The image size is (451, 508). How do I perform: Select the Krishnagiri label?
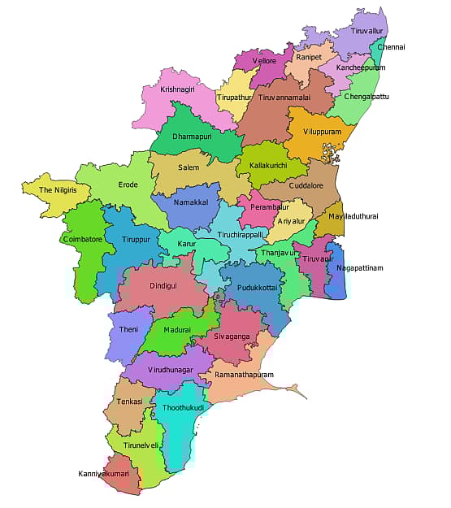click(178, 89)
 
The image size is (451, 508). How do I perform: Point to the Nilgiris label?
click(46, 189)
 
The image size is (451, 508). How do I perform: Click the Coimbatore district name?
click(83, 240)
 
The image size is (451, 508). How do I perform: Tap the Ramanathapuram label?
click(244, 375)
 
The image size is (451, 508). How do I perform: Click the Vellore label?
click(264, 62)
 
